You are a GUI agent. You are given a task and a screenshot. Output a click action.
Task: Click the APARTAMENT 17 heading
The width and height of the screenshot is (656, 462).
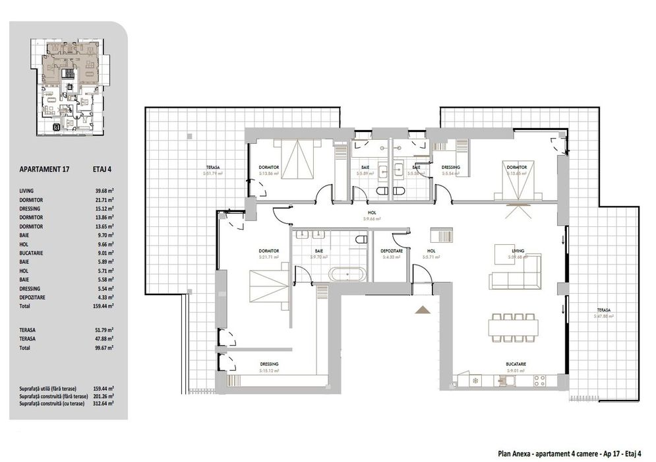point(45,169)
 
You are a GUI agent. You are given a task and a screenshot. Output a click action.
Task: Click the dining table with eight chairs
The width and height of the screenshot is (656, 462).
point(514,325)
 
